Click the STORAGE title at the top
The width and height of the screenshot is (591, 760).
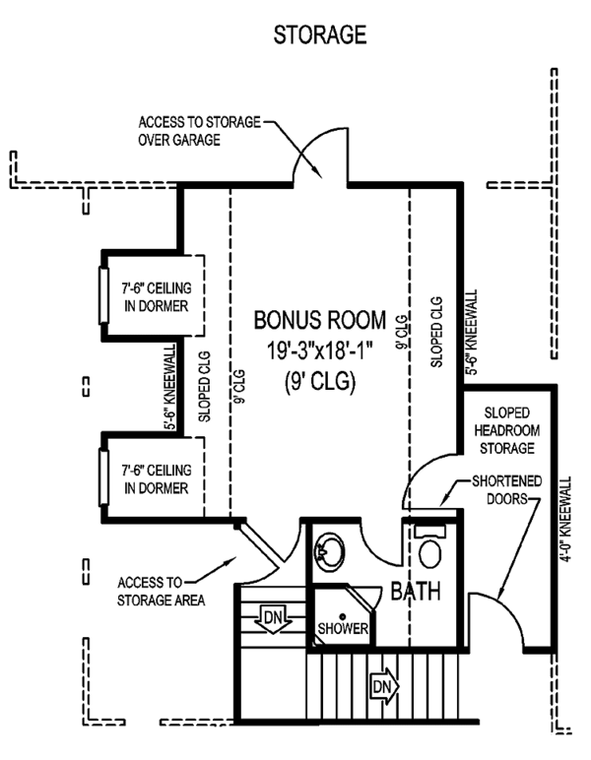pyautogui.click(x=320, y=35)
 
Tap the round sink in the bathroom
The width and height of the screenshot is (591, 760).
pyautogui.click(x=328, y=553)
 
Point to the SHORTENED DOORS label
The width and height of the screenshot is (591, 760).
pyautogui.click(x=497, y=489)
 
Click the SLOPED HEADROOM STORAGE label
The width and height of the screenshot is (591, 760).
pyautogui.click(x=507, y=428)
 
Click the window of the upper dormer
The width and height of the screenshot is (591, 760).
pyautogui.click(x=103, y=294)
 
